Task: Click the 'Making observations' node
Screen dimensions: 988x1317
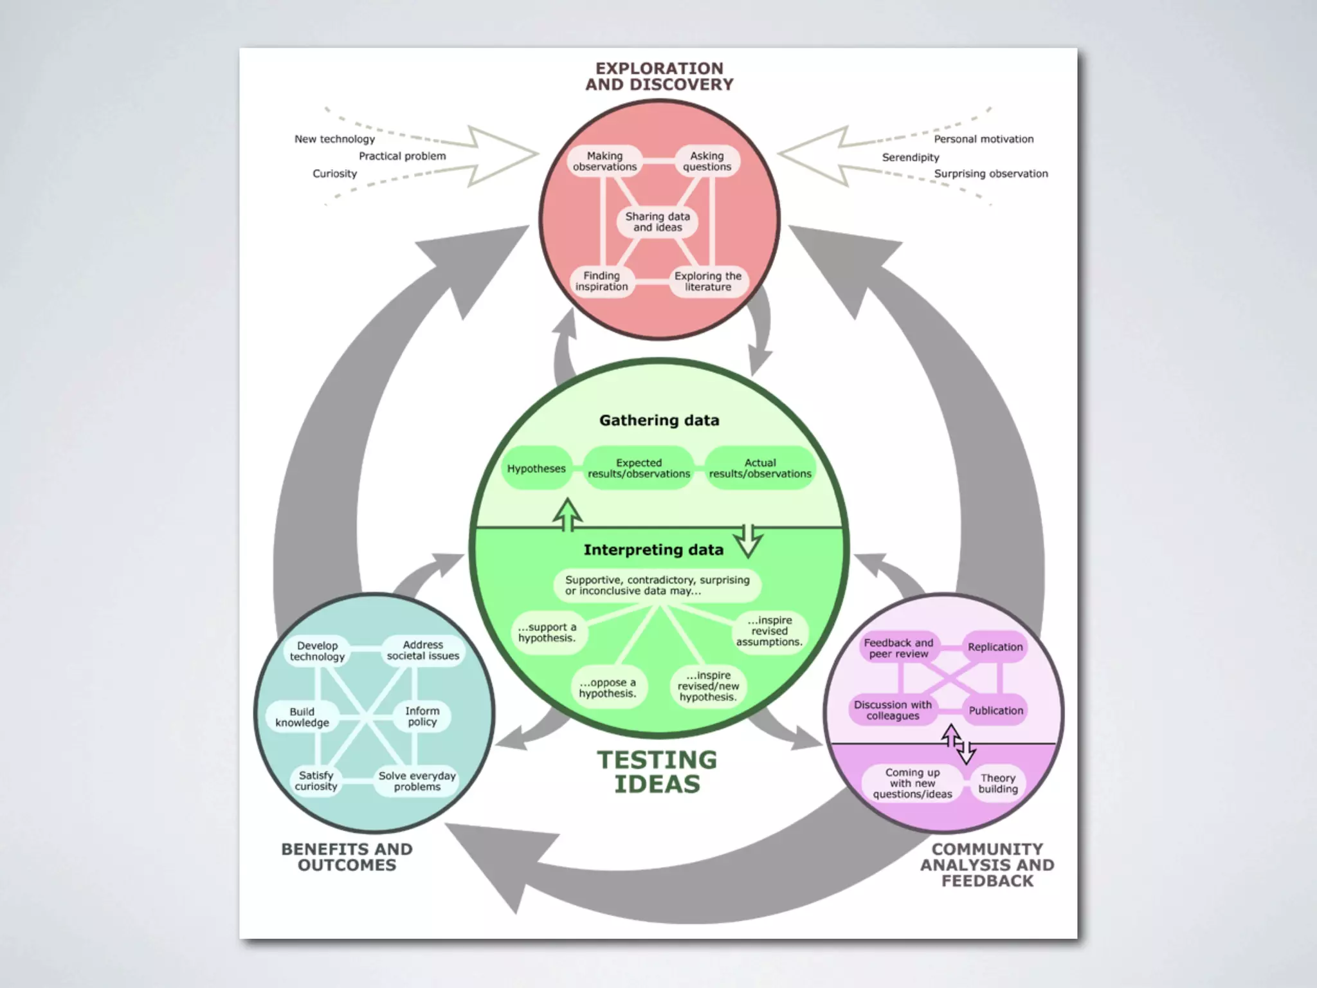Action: (604, 161)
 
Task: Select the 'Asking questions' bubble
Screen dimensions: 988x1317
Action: (707, 161)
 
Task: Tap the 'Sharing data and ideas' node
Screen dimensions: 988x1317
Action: (657, 222)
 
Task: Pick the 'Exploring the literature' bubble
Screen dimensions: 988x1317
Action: (707, 281)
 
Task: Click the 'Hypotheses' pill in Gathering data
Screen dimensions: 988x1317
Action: (536, 468)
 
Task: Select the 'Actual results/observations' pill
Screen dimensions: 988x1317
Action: (760, 468)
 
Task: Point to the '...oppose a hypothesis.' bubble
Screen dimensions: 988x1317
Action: (608, 688)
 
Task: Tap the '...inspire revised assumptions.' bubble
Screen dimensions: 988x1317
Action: (769, 631)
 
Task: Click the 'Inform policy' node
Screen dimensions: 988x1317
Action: (422, 716)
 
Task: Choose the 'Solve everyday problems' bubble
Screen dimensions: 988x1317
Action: (417, 781)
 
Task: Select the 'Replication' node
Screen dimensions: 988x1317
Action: (995, 647)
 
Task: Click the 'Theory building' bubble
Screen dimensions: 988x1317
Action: (998, 783)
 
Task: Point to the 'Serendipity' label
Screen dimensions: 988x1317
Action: (910, 157)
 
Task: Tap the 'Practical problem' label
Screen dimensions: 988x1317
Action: (402, 156)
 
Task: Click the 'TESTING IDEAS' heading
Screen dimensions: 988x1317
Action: (657, 772)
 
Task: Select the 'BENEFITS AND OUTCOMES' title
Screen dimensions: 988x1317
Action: (347, 857)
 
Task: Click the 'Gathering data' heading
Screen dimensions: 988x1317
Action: (659, 421)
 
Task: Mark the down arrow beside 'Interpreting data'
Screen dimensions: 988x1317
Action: (749, 540)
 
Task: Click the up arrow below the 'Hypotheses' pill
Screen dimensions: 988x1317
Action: (568, 515)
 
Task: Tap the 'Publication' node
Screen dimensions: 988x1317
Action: (995, 710)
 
